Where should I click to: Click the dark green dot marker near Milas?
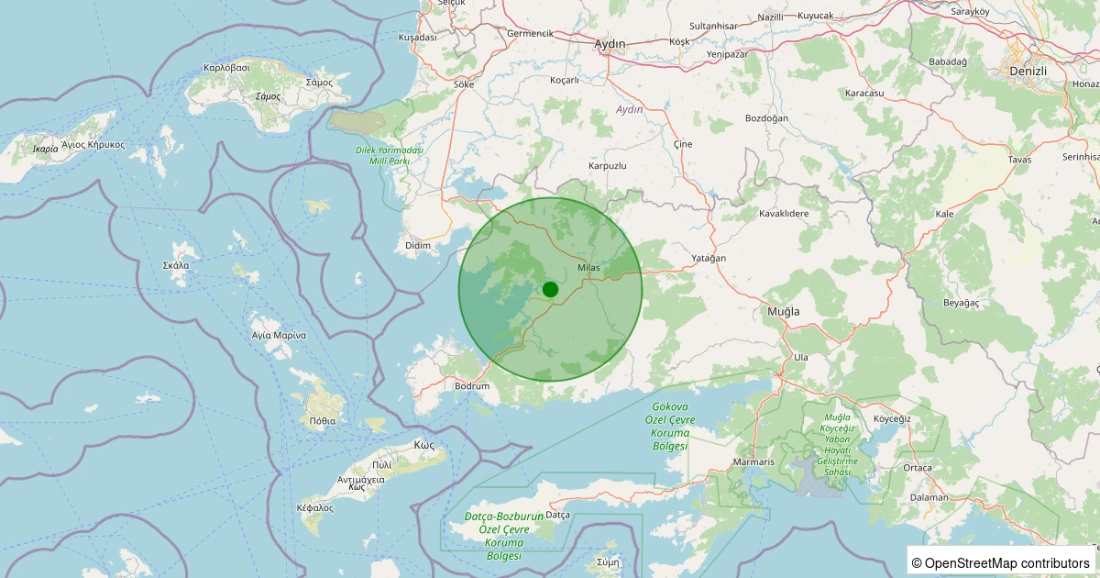pyautogui.click(x=550, y=289)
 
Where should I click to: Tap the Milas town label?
pyautogui.click(x=588, y=267)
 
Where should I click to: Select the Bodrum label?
pyautogui.click(x=472, y=386)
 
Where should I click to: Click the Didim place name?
pyautogui.click(x=417, y=246)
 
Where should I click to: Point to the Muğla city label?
pyautogui.click(x=783, y=312)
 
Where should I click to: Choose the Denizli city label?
pyautogui.click(x=1027, y=71)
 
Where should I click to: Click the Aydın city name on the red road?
pyautogui.click(x=610, y=44)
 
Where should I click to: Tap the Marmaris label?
pyautogui.click(x=754, y=461)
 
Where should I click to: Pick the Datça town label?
pyautogui.click(x=558, y=516)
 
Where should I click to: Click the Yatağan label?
pyautogui.click(x=709, y=259)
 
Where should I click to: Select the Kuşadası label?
pyautogui.click(x=417, y=38)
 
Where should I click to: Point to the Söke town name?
pyautogui.click(x=464, y=84)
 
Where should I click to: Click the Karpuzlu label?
pyautogui.click(x=607, y=166)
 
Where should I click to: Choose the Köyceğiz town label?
pyautogui.click(x=891, y=419)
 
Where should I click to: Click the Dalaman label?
pyautogui.click(x=929, y=497)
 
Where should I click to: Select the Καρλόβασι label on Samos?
pyautogui.click(x=227, y=68)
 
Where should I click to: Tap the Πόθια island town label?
pyautogui.click(x=323, y=421)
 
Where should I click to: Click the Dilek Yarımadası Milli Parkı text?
pyautogui.click(x=390, y=155)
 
